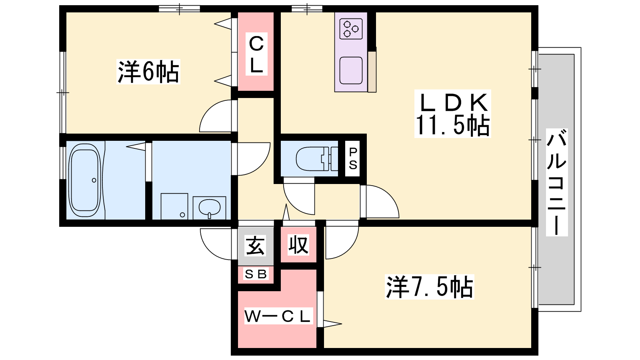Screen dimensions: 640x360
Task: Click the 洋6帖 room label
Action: click(x=148, y=72)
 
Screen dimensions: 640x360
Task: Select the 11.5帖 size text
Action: click(x=452, y=125)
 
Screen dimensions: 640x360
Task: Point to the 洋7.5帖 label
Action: click(x=430, y=286)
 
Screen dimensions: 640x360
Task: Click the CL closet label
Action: click(x=256, y=54)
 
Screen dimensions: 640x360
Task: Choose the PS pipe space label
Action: click(x=353, y=158)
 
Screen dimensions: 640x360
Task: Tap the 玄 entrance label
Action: click(x=255, y=246)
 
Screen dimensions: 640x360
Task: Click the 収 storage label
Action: click(x=298, y=244)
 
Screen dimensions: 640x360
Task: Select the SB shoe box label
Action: click(x=256, y=274)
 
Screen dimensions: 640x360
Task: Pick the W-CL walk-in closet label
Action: click(x=278, y=316)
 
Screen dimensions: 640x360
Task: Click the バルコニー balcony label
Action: click(x=556, y=182)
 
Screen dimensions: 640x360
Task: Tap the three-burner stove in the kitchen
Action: click(x=351, y=28)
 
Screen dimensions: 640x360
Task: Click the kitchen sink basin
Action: click(x=351, y=70)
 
